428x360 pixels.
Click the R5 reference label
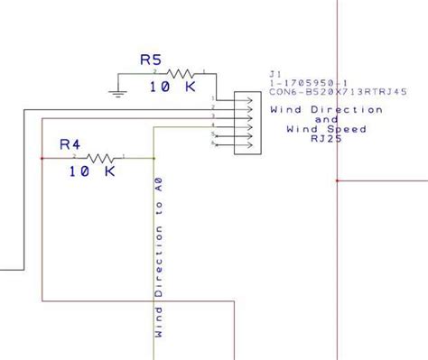151,60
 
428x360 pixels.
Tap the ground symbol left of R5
116,90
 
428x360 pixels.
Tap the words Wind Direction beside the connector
327,109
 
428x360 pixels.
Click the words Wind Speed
326,129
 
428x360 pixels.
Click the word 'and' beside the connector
326,119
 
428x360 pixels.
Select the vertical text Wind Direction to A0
159,258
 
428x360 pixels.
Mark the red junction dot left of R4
42,158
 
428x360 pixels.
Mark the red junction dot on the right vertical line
336,180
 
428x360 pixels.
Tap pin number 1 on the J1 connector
213,98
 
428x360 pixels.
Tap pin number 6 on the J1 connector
213,144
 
